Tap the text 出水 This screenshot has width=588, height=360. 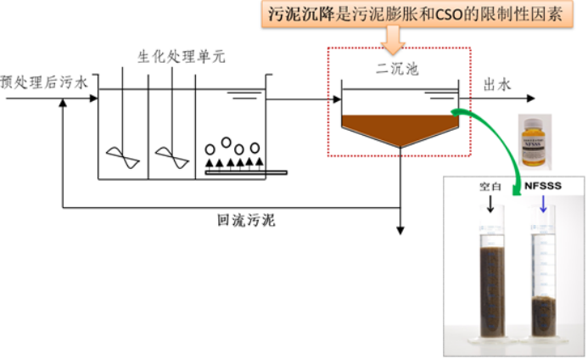(x=496, y=85)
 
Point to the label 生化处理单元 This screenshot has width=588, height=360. (x=181, y=58)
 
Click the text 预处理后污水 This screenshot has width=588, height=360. (x=43, y=83)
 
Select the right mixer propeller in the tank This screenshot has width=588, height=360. (x=172, y=157)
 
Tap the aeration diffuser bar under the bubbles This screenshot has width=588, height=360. (x=246, y=173)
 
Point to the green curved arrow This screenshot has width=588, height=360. (x=501, y=153)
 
